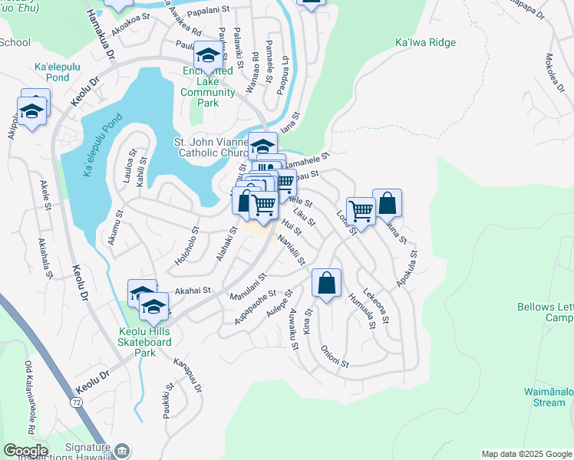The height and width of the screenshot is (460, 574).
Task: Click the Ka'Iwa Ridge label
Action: [x=424, y=43]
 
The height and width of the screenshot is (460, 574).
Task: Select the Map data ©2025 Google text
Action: [x=526, y=454]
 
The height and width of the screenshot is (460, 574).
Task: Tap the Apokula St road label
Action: [x=407, y=268]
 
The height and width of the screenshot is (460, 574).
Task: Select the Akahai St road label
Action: [x=193, y=291]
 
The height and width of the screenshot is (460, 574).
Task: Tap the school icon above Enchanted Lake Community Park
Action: [x=208, y=54]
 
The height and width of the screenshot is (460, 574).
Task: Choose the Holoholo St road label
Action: [x=186, y=245]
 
